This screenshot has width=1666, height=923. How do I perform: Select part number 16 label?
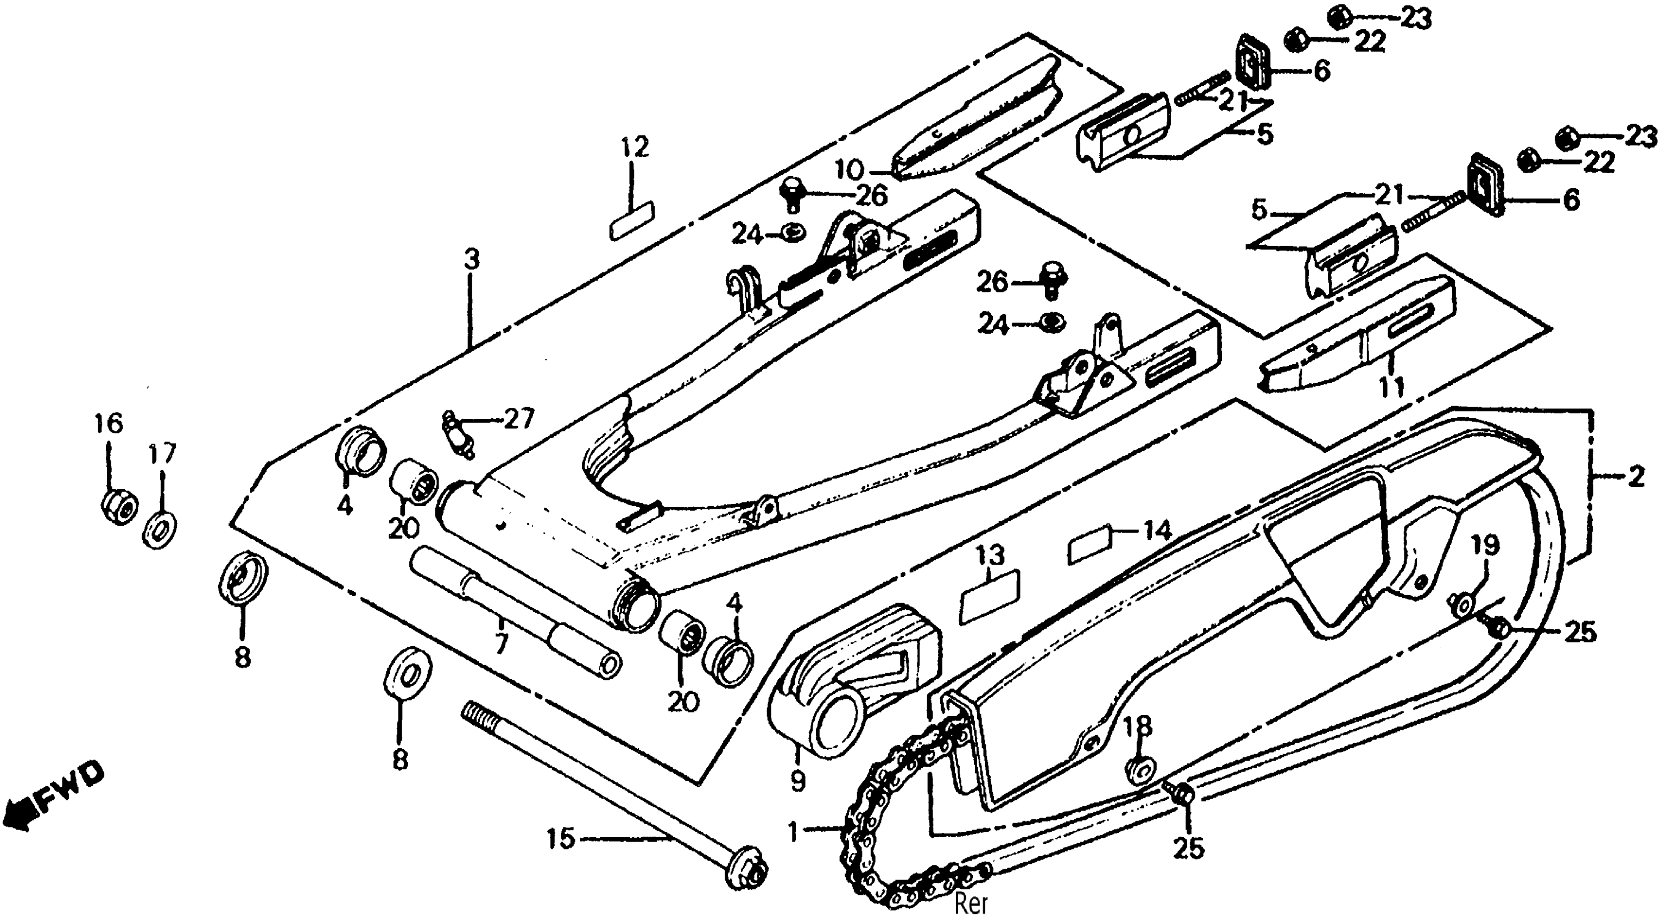click(109, 425)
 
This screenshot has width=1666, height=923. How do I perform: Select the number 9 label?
click(797, 781)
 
